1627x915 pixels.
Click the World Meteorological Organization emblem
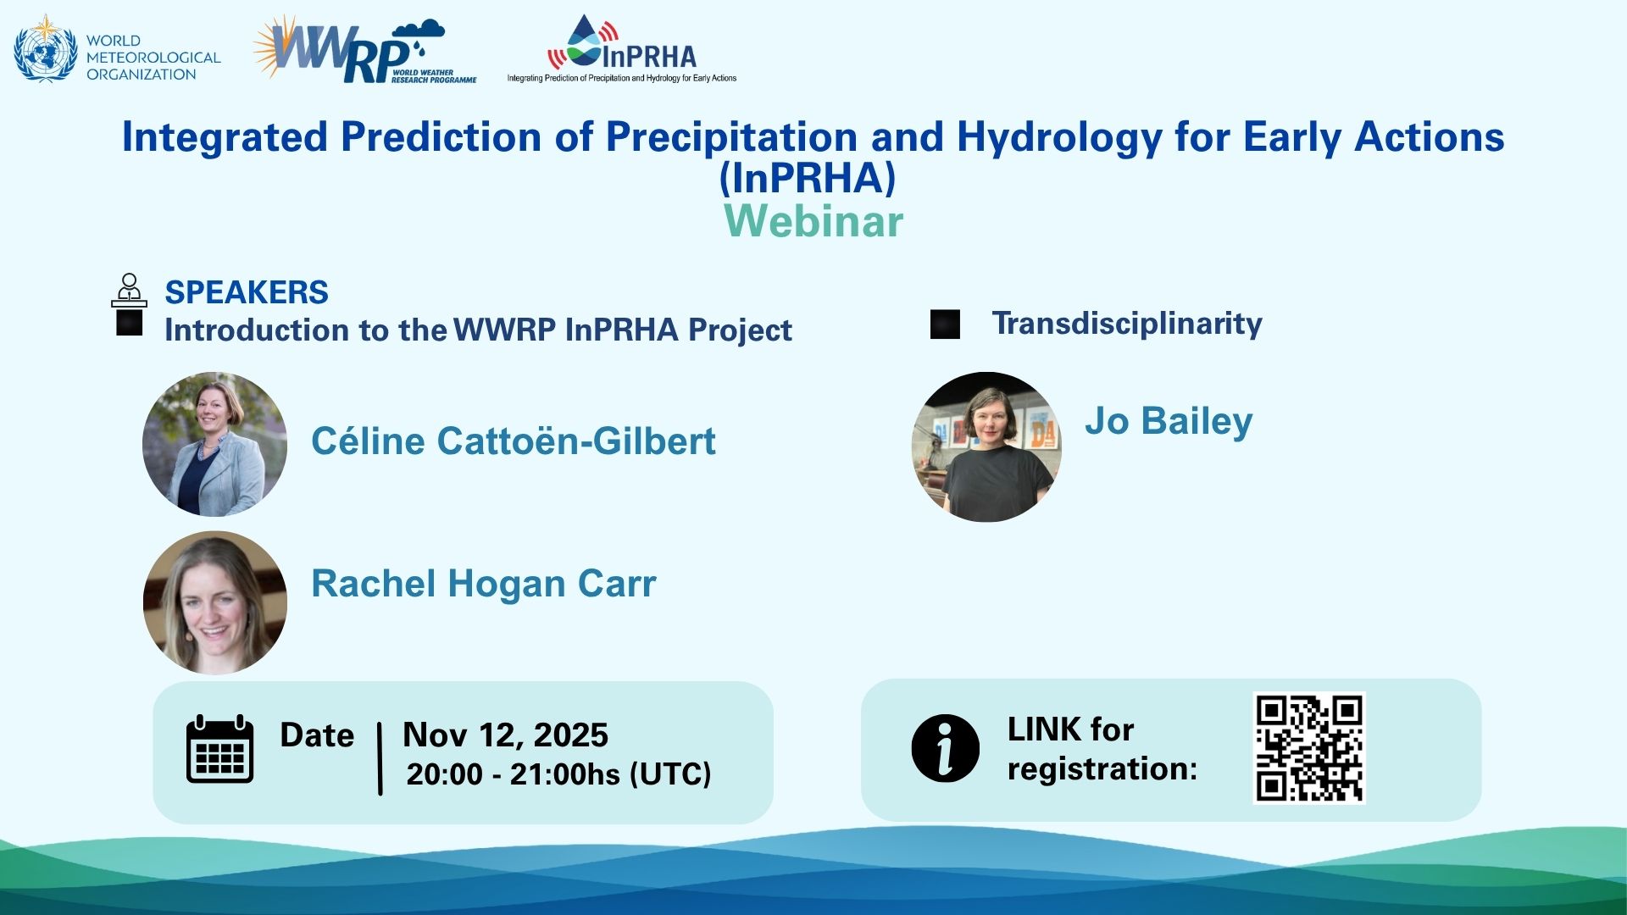click(46, 49)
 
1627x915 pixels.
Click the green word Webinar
click(813, 221)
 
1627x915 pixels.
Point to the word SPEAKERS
click(247, 292)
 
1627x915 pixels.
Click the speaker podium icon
click(129, 290)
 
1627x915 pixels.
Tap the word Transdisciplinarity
click(1127, 324)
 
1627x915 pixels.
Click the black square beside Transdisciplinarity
click(945, 324)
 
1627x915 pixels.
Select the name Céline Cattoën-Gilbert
click(514, 441)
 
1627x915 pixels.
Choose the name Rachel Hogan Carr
click(484, 584)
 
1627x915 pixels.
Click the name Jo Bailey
click(1169, 421)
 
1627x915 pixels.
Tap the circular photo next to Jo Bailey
click(986, 446)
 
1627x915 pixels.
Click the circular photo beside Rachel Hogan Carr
click(215, 602)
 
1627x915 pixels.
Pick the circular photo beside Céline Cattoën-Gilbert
click(214, 444)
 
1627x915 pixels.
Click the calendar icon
click(220, 749)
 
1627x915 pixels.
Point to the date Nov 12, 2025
click(505, 735)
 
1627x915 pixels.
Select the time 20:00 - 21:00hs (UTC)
click(558, 774)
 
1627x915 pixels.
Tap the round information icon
click(946, 748)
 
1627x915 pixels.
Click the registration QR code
click(1309, 748)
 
